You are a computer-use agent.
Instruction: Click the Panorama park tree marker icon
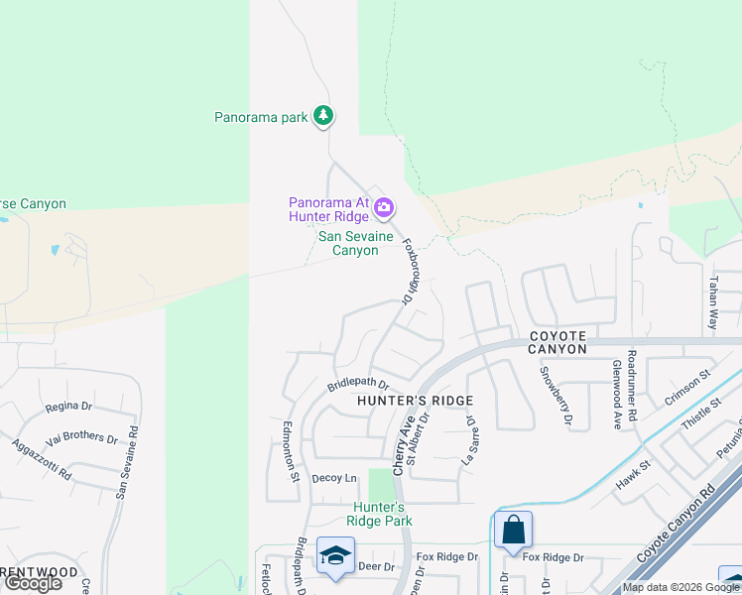click(x=322, y=116)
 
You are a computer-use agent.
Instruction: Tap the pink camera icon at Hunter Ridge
click(x=384, y=208)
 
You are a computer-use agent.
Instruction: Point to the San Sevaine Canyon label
click(x=355, y=244)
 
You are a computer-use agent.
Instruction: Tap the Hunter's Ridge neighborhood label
click(x=414, y=401)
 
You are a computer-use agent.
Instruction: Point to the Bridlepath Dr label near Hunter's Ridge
click(x=358, y=384)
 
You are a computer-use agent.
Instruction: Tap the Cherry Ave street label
click(x=405, y=443)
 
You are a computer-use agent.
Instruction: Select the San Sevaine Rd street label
click(x=127, y=461)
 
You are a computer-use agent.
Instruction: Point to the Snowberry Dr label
click(x=556, y=396)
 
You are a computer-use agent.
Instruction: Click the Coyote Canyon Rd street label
click(x=679, y=527)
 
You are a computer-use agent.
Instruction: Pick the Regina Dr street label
click(x=68, y=408)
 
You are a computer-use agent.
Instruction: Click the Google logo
click(x=33, y=583)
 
